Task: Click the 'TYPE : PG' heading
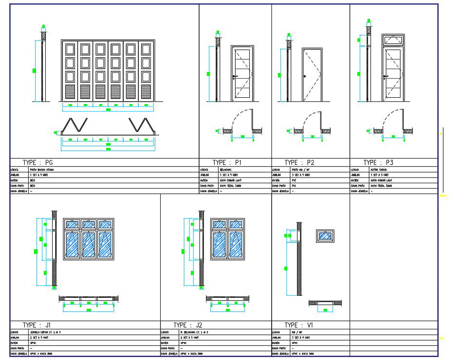[x=41, y=162]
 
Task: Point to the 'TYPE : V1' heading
[x=298, y=325]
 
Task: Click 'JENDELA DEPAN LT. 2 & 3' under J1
[x=44, y=332]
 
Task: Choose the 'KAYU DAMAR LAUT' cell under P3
[x=382, y=180]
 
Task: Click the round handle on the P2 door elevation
[x=305, y=77]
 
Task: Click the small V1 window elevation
[x=325, y=236]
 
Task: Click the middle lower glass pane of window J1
[x=88, y=244]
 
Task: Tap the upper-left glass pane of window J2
[x=220, y=224]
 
